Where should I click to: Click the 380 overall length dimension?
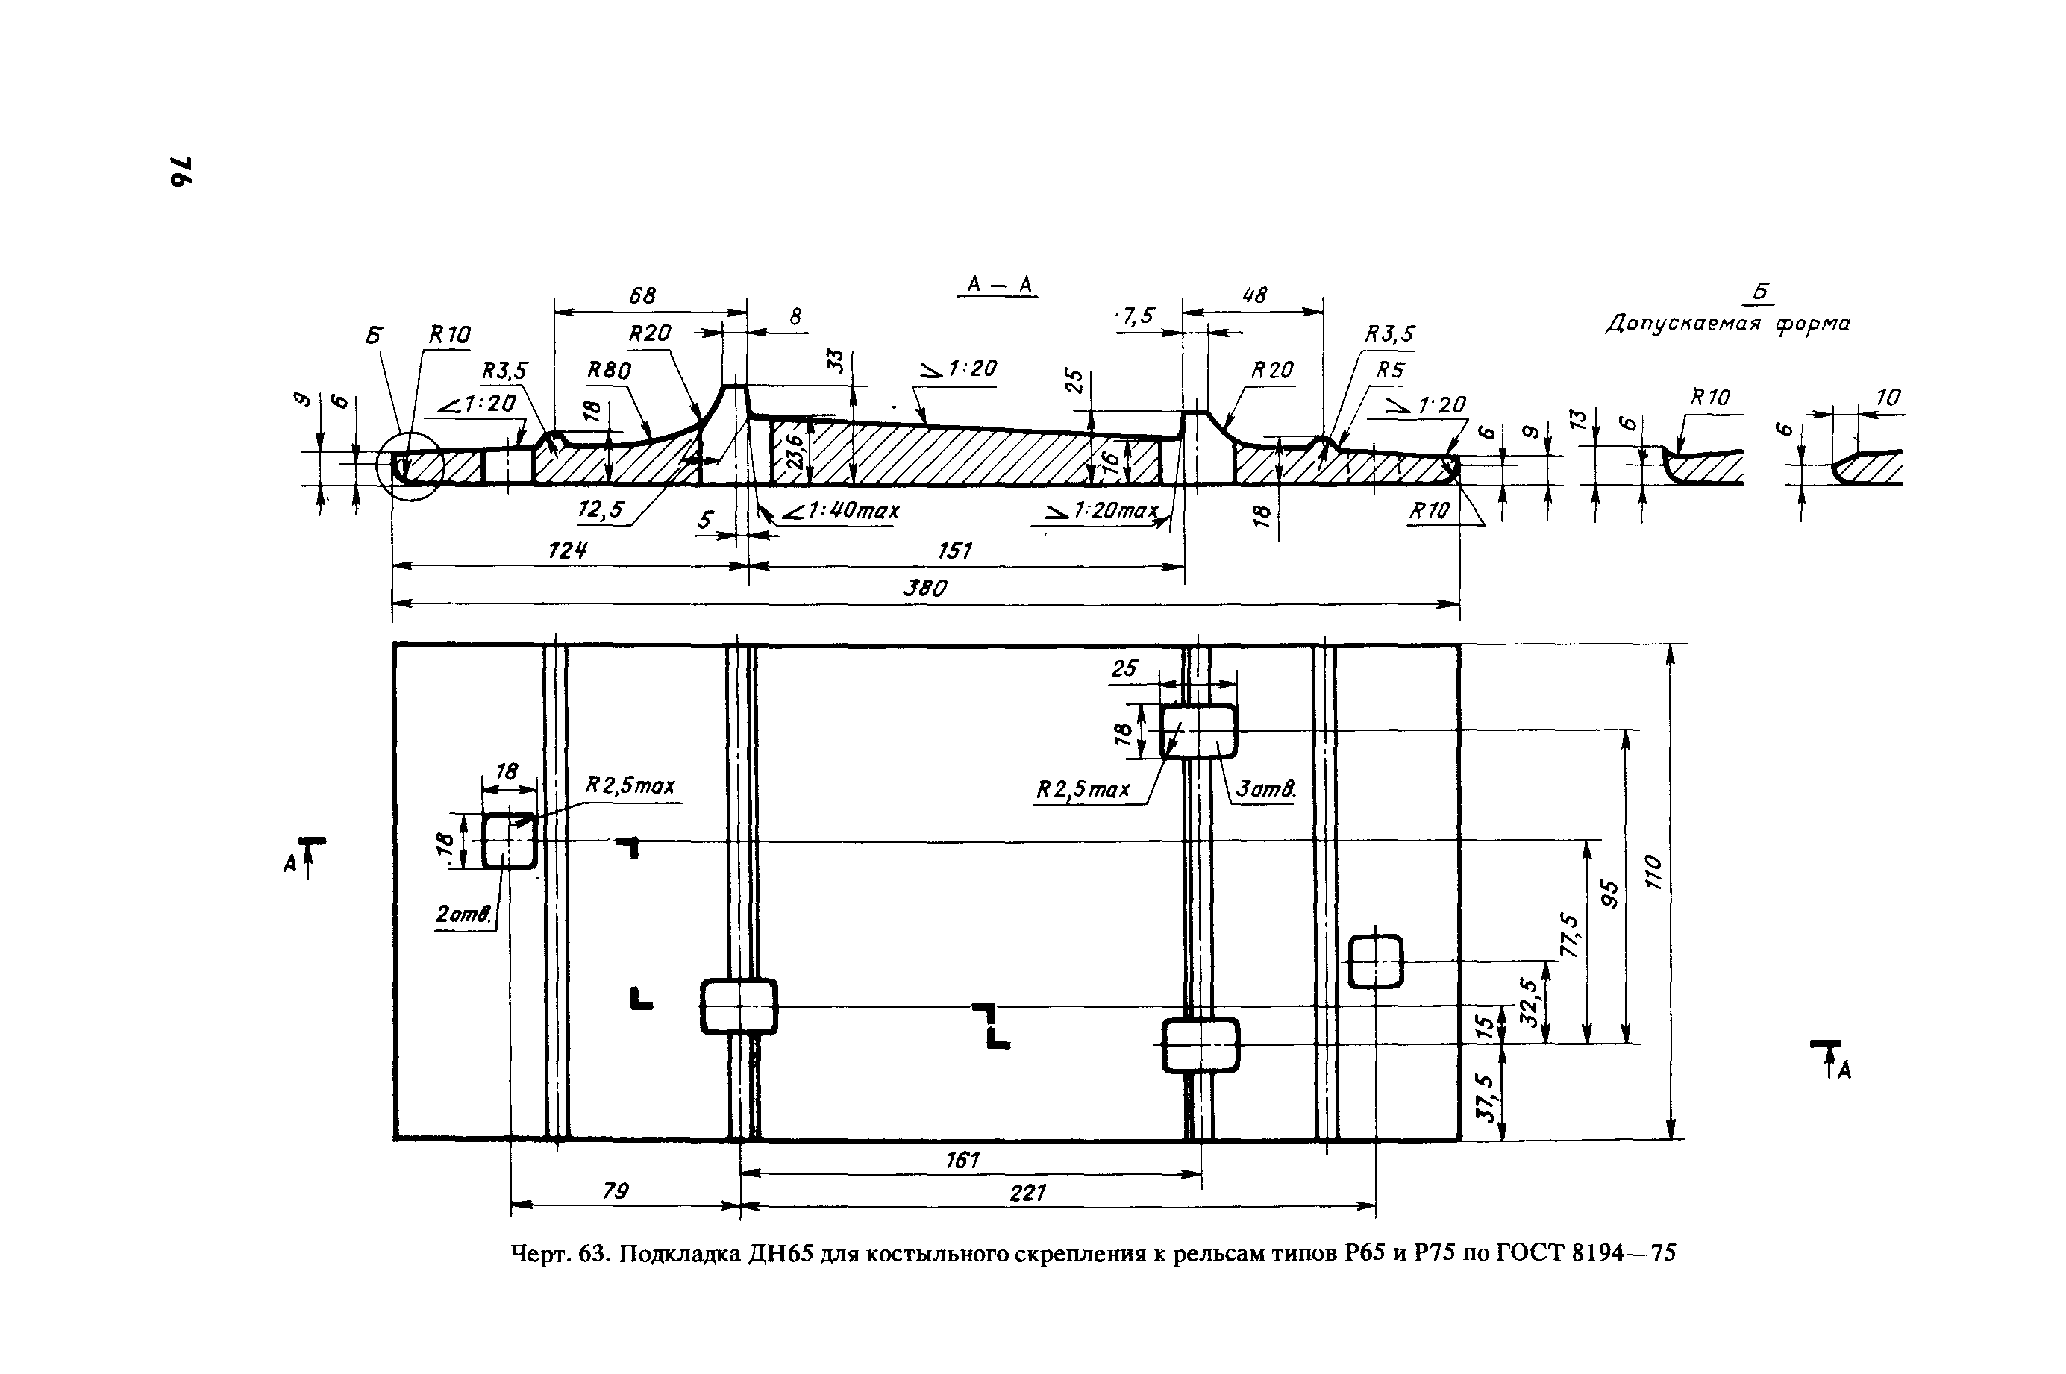tap(926, 588)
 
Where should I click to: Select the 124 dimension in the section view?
tap(566, 550)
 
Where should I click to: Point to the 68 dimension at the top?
tap(642, 295)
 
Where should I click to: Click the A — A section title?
tap(999, 285)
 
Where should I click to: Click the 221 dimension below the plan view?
tap(1027, 1193)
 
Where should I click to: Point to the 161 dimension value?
tap(962, 1160)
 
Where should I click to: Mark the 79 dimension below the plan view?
tap(616, 1191)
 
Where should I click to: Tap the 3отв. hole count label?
tap(1265, 789)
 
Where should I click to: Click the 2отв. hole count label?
tap(463, 914)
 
